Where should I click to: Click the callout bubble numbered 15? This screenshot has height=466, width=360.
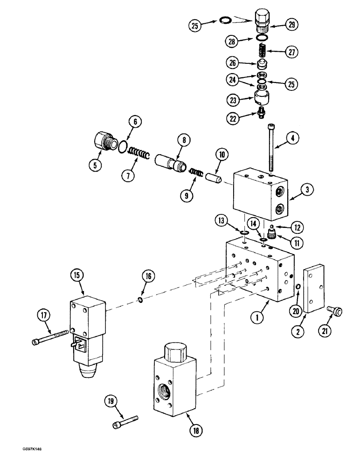point(77,276)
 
